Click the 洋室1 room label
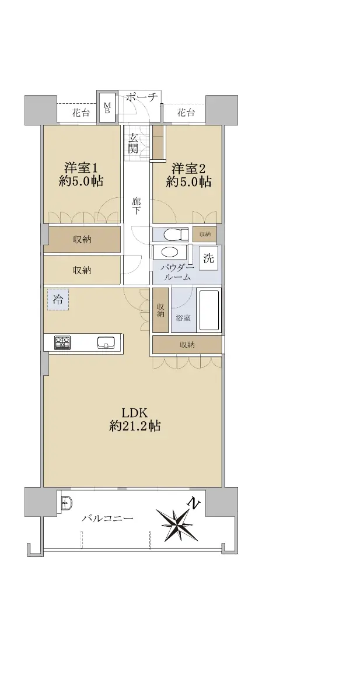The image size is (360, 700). pyautogui.click(x=81, y=169)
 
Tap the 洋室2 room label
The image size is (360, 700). pyautogui.click(x=188, y=169)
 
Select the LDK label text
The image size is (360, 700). pyautogui.click(x=134, y=413)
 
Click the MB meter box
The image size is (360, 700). pyautogui.click(x=107, y=108)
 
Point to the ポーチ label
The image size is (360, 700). pyautogui.click(x=141, y=97)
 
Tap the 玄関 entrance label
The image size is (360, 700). pyautogui.click(x=133, y=143)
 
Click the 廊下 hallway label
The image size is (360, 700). pyautogui.click(x=136, y=205)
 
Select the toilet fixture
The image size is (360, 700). pyautogui.click(x=175, y=235)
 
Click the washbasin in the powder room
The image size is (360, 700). pyautogui.click(x=170, y=252)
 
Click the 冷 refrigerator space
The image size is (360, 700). pyautogui.click(x=58, y=300)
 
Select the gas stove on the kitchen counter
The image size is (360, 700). pyautogui.click(x=62, y=342)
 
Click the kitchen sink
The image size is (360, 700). pyautogui.click(x=106, y=342)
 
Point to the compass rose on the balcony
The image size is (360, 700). pyautogui.click(x=177, y=525)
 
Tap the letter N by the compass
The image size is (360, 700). pyautogui.click(x=194, y=503)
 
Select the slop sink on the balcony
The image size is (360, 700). pyautogui.click(x=67, y=503)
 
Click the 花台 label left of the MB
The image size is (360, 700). pyautogui.click(x=81, y=113)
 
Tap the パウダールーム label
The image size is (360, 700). pyautogui.click(x=177, y=272)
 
